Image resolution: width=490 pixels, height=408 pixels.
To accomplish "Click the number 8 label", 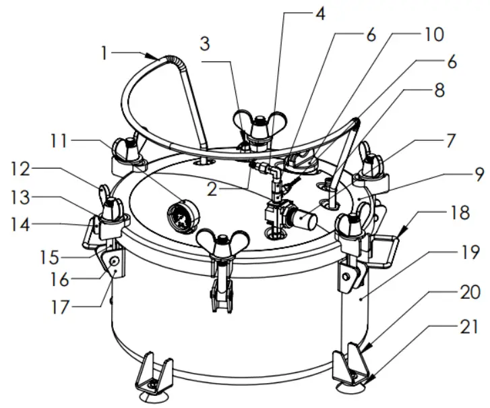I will [438, 91].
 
